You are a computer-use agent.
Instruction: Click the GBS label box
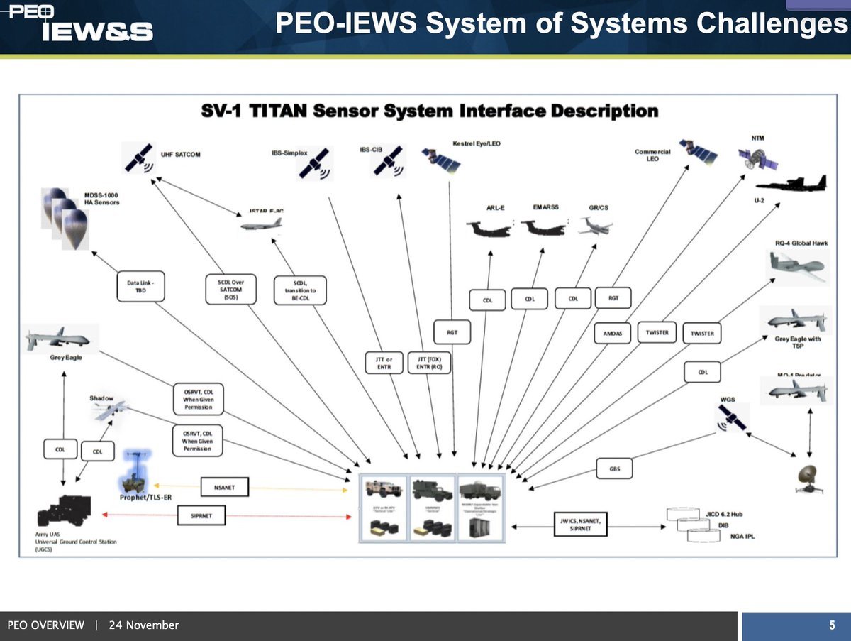614,468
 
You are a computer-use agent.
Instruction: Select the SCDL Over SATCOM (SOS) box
230,288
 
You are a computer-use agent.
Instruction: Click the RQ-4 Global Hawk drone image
795,267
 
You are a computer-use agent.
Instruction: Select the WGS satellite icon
731,418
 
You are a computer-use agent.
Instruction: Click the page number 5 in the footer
832,625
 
